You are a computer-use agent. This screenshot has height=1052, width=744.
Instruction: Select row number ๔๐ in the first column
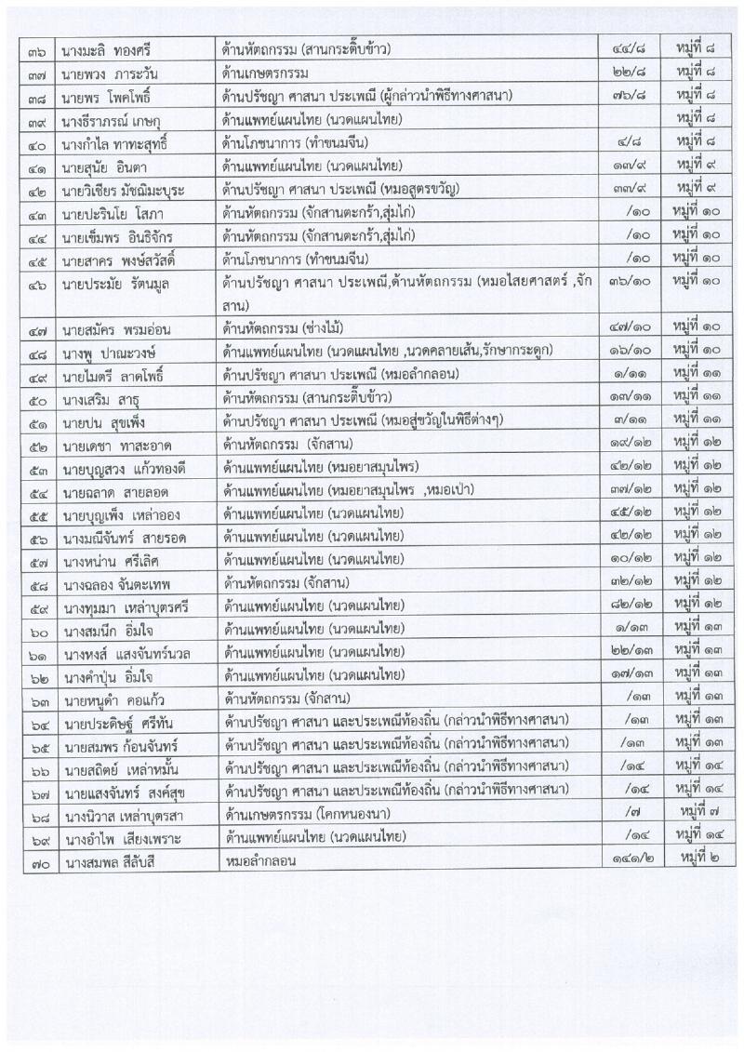coord(37,142)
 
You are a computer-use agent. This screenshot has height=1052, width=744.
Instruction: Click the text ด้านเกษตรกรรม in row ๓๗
coord(264,71)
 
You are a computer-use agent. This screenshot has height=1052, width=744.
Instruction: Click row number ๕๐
coord(37,400)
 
